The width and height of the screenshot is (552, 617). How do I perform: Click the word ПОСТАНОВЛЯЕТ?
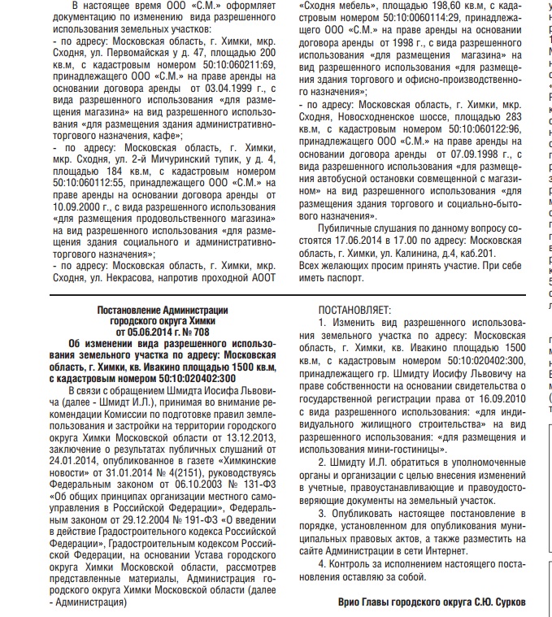click(354, 311)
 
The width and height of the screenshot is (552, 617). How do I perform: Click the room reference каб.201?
click(451, 254)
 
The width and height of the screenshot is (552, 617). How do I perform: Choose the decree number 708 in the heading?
click(199, 332)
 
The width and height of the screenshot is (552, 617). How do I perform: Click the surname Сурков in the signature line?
click(507, 602)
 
